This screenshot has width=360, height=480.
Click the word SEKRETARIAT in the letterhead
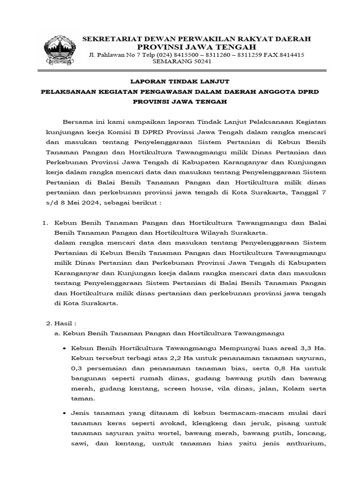click(x=109, y=38)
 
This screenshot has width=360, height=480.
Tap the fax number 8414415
click(x=292, y=55)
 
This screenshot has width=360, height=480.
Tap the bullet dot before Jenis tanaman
click(x=64, y=414)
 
